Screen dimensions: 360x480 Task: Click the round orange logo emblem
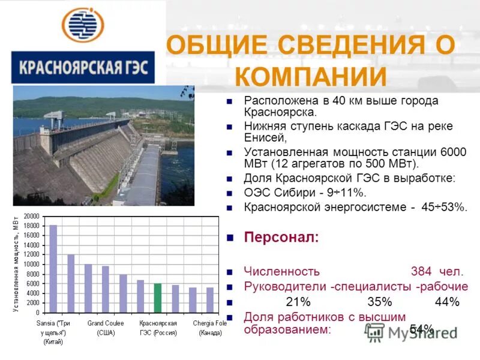click(x=83, y=25)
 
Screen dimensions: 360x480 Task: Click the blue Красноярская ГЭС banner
click(x=83, y=67)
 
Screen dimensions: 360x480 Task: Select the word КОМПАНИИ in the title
click(x=310, y=77)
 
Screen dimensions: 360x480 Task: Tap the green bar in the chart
click(x=158, y=298)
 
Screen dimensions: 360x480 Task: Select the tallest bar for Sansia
click(x=53, y=268)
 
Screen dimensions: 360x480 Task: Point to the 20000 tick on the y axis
click(x=31, y=216)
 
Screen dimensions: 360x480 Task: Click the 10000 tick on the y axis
click(x=31, y=265)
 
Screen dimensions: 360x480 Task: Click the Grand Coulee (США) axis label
click(x=106, y=328)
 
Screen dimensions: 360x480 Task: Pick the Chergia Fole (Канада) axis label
click(x=210, y=328)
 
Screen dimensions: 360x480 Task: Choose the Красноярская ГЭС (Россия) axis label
click(x=158, y=328)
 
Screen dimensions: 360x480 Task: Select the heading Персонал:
click(x=281, y=237)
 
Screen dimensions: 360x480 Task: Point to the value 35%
click(x=379, y=301)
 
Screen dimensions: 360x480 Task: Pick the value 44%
click(x=447, y=301)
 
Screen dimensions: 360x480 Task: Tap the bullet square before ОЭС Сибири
click(x=229, y=193)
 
